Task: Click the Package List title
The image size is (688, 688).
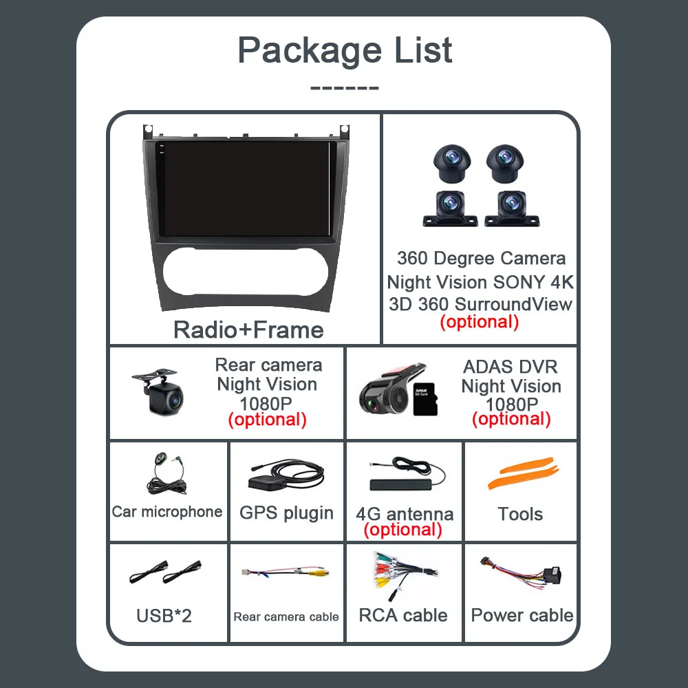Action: tap(345, 50)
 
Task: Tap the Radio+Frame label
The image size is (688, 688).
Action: tap(248, 330)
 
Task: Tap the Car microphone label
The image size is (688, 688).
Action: tap(167, 512)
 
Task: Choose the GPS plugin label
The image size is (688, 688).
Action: tap(286, 513)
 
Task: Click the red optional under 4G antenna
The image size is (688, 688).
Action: tap(403, 530)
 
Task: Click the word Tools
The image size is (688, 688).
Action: tap(520, 514)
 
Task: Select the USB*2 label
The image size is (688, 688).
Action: tap(164, 615)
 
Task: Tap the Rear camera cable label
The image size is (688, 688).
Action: tap(286, 617)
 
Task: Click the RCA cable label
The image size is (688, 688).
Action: tap(403, 615)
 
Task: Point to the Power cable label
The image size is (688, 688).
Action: tap(522, 615)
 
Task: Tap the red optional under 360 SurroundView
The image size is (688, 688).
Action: tap(479, 321)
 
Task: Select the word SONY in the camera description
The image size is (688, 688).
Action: tap(518, 282)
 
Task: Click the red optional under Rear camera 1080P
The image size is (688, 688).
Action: tap(267, 419)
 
